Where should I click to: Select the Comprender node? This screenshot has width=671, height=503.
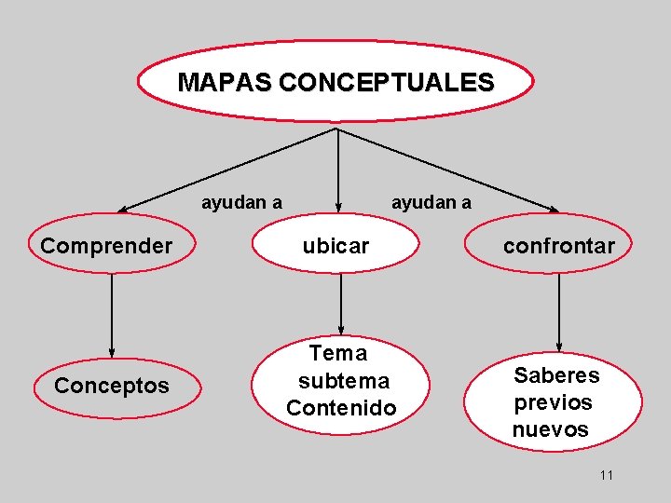106,246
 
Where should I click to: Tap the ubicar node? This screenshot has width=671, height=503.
335,246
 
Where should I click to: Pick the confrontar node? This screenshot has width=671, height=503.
559,246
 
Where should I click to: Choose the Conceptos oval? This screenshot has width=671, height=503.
112,386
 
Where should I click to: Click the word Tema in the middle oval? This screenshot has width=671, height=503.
338,353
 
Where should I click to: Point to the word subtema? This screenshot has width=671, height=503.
343,381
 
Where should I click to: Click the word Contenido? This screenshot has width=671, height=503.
341,408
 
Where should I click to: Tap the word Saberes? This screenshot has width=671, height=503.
556,374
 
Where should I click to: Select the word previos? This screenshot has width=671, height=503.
553,402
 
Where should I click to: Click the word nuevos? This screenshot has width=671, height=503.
550,429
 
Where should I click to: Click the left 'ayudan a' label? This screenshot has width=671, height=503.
242,202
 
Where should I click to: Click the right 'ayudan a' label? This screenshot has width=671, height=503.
431,202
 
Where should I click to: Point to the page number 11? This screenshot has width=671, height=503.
607,476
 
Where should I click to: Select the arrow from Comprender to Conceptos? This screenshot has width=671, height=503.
112,312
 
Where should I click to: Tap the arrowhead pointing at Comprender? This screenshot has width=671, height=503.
123,209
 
